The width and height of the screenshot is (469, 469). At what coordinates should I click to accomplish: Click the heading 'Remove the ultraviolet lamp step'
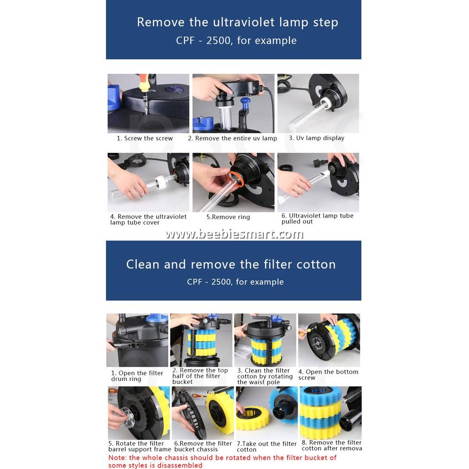[237, 22]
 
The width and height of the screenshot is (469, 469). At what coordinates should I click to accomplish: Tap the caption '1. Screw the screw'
[145, 138]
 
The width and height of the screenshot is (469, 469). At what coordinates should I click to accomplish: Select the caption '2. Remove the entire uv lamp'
[233, 138]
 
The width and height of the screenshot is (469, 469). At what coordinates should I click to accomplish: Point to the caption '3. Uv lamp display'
[316, 138]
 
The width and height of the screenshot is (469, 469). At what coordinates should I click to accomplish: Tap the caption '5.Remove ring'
[228, 217]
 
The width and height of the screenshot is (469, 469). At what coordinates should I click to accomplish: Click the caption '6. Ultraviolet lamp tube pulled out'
[317, 218]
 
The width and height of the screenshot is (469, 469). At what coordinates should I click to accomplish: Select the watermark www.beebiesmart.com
[234, 234]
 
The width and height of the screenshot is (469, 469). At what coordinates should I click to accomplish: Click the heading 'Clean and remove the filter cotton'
[231, 264]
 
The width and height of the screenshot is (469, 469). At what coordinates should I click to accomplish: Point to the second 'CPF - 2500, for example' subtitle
[235, 282]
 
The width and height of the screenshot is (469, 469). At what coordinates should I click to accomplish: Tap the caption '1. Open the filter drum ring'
[136, 376]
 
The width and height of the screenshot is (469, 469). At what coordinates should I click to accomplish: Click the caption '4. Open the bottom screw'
[328, 375]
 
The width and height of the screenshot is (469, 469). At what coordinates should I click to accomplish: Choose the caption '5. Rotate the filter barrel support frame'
[139, 447]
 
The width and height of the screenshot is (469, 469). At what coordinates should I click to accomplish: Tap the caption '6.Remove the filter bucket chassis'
[203, 447]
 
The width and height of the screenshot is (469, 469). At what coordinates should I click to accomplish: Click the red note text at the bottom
[222, 461]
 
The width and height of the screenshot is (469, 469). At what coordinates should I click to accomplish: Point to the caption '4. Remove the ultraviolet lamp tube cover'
[148, 219]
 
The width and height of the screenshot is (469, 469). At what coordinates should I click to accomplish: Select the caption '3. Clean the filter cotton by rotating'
[265, 376]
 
